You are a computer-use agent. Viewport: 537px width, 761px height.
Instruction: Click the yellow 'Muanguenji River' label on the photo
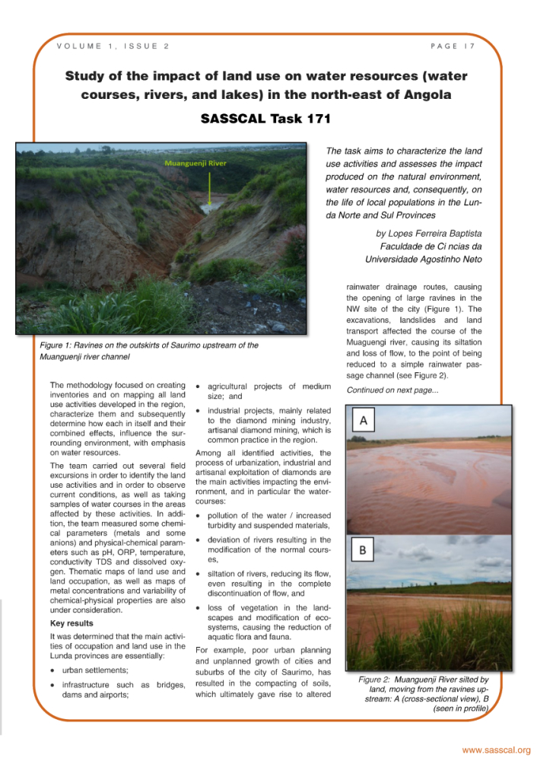pos(195,163)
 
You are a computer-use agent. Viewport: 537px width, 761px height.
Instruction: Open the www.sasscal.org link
pos(496,750)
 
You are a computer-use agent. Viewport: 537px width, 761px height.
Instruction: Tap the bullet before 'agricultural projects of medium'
pos(198,386)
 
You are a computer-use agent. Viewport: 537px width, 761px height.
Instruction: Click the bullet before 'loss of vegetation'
pos(198,608)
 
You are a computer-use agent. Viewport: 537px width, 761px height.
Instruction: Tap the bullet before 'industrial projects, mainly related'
pos(198,411)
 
